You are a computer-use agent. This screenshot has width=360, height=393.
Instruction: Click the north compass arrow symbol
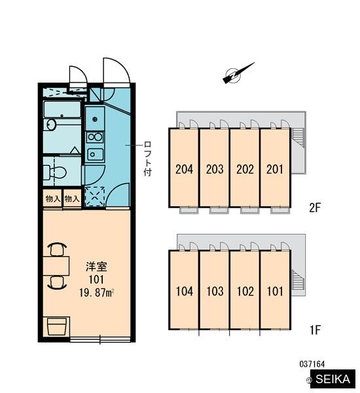point(236,75)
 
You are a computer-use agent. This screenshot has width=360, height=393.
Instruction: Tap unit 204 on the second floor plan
point(184,168)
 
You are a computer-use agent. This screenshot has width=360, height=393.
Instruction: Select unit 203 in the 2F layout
point(215,168)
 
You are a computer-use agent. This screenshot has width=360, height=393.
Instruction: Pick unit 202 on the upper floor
point(245,168)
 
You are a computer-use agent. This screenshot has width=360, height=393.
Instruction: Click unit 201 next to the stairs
point(276,168)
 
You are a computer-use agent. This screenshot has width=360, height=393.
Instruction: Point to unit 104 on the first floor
point(184,290)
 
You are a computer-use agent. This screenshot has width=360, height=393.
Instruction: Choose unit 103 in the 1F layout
point(215,290)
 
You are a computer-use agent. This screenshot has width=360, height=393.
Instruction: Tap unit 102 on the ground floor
point(245,290)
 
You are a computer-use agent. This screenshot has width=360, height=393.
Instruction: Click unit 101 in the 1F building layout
point(276,290)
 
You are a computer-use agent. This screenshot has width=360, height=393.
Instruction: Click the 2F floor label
point(315,207)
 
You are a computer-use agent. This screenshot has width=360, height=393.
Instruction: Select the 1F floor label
point(315,330)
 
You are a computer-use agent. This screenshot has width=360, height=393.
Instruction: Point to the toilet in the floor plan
point(54,172)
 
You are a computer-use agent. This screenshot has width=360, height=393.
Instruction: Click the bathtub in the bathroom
point(62,109)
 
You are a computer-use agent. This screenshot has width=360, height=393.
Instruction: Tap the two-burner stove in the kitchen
point(95,137)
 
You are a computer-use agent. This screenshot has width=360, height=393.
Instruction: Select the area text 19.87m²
point(97,293)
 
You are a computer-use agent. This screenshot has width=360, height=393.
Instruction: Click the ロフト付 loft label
point(147,159)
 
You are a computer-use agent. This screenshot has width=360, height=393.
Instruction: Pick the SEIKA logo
point(333,379)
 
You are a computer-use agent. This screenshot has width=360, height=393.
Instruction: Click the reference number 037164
point(312,364)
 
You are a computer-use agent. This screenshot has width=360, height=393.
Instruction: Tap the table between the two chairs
point(56,266)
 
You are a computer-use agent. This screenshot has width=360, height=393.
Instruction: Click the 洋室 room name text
point(96,267)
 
